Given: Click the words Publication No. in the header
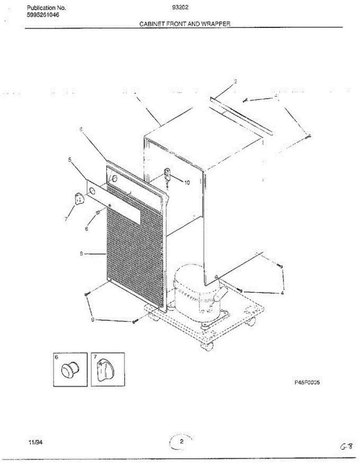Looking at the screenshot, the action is [46, 8].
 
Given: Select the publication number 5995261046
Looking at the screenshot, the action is [43, 15].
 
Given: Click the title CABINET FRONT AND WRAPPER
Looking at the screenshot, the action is [185, 24].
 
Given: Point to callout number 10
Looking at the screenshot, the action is [187, 183].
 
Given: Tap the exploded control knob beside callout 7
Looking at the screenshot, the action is [79, 198].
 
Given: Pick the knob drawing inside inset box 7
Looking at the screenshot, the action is [105, 371].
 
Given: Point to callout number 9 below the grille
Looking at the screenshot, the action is [92, 320].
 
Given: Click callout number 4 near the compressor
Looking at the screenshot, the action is [282, 293].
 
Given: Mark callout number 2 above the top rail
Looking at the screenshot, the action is [235, 82].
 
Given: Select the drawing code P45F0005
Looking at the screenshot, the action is [306, 383].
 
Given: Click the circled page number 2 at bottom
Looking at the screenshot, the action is [181, 442].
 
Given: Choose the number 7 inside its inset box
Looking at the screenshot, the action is [96, 356].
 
